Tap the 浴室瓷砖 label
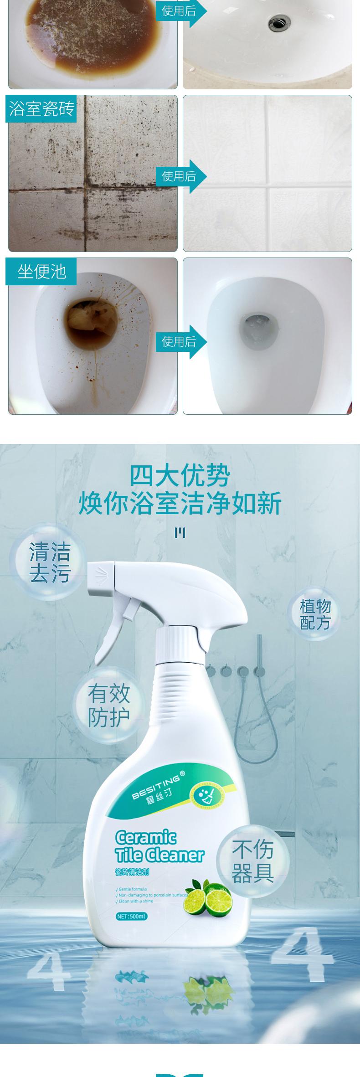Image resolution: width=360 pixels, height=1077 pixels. (x=41, y=109)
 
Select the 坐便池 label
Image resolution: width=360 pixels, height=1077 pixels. (x=41, y=272)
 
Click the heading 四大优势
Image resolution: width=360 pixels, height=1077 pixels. (x=180, y=476)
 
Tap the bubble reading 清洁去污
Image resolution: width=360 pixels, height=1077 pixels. (x=50, y=562)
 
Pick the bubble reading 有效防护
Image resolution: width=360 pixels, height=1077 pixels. (x=108, y=706)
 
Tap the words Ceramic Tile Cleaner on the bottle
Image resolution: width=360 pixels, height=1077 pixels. (x=159, y=847)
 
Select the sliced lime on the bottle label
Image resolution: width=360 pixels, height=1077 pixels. (x=217, y=901)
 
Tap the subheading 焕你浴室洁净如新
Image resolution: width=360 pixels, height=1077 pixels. (x=180, y=503)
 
